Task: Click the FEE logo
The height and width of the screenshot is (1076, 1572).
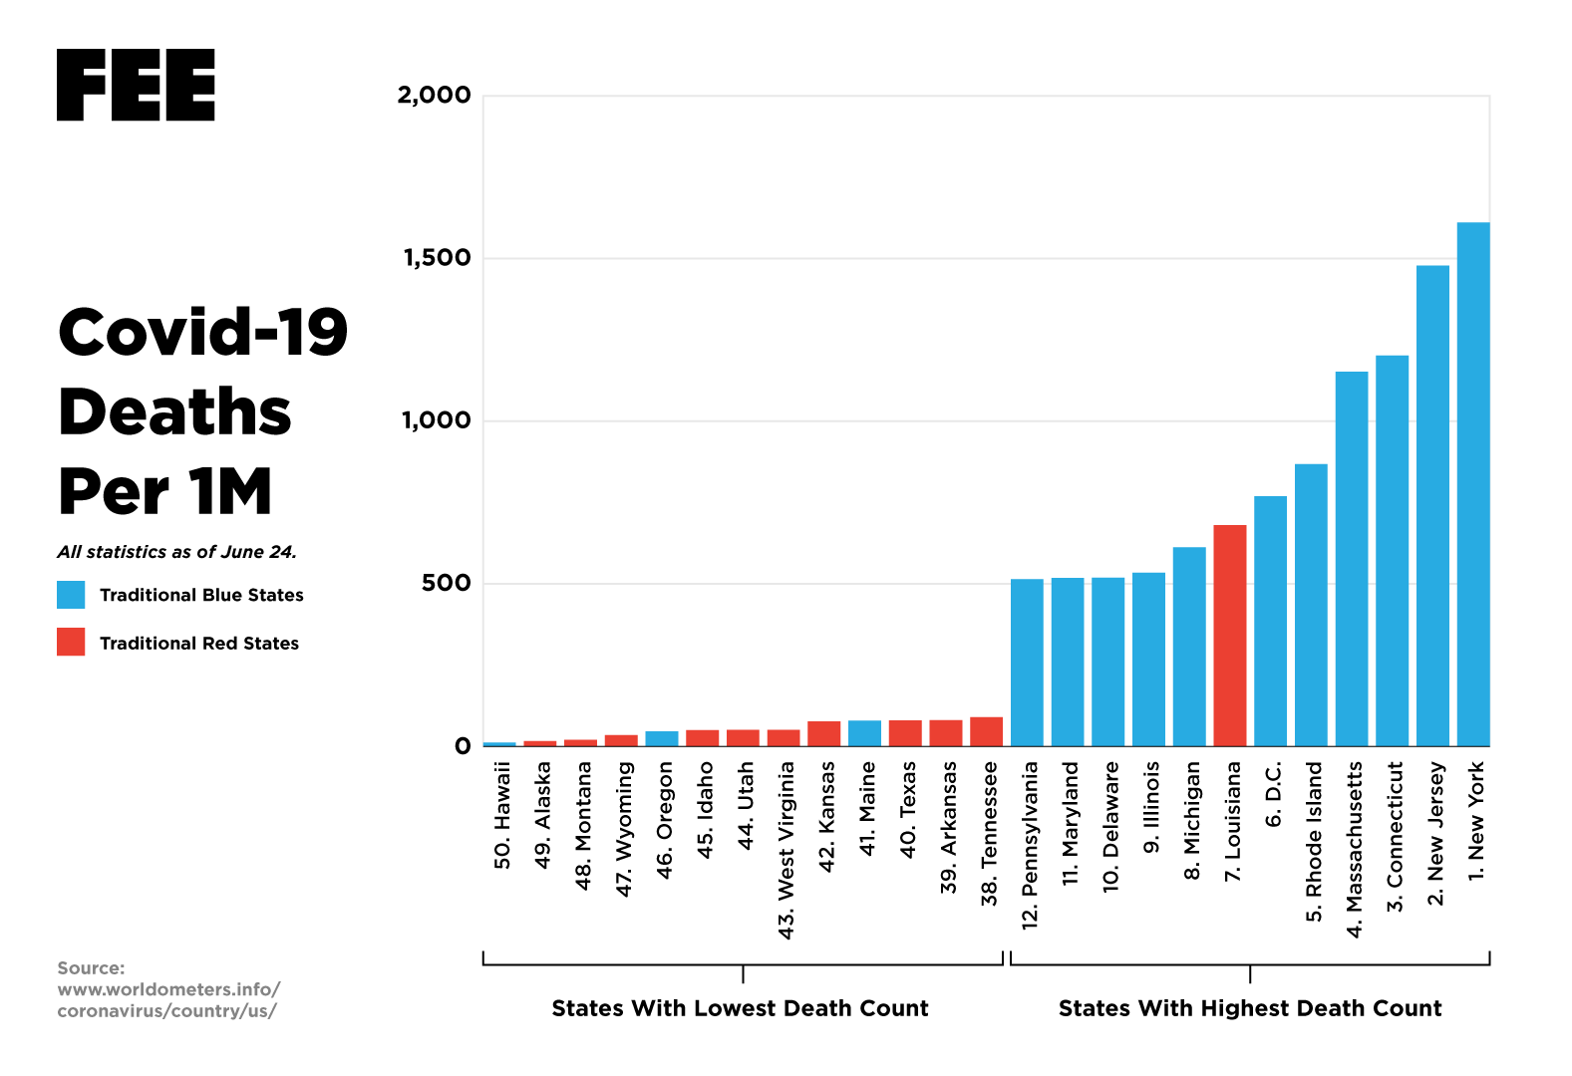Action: (136, 86)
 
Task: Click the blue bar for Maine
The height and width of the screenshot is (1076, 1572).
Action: (864, 733)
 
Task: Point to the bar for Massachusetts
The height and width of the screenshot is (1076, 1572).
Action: (1352, 559)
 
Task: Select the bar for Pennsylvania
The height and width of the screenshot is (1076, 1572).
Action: (1027, 663)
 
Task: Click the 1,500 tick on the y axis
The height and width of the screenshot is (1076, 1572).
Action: (437, 258)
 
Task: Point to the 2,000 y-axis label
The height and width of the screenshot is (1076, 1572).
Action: (434, 96)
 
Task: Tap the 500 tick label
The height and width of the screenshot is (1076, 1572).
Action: (446, 583)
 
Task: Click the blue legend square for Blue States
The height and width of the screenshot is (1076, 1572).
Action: (71, 595)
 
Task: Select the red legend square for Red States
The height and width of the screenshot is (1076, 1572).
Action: (71, 643)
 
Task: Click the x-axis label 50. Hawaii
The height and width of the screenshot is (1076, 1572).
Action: (502, 815)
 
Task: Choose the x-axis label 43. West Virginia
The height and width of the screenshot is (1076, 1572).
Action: (786, 850)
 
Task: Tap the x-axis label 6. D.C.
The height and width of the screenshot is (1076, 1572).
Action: (1273, 794)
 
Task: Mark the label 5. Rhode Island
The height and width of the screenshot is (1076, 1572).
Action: (1314, 842)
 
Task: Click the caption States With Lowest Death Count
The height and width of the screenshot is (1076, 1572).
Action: (740, 1008)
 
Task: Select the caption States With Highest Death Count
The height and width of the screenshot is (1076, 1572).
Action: (1250, 1008)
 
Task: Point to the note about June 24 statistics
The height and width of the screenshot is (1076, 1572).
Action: (176, 552)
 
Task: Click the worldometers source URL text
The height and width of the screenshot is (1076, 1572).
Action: (168, 1000)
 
